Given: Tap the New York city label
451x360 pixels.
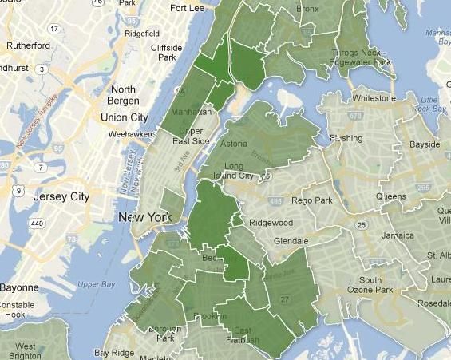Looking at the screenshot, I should coord(144,217).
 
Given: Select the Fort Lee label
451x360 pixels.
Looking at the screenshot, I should coord(188,8).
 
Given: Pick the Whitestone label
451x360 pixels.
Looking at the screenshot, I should coord(374,98).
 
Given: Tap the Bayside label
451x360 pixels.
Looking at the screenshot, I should coord(424,144).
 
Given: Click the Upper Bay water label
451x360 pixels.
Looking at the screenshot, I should coord(96,284).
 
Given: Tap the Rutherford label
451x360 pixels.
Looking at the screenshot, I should coord(30,45).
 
